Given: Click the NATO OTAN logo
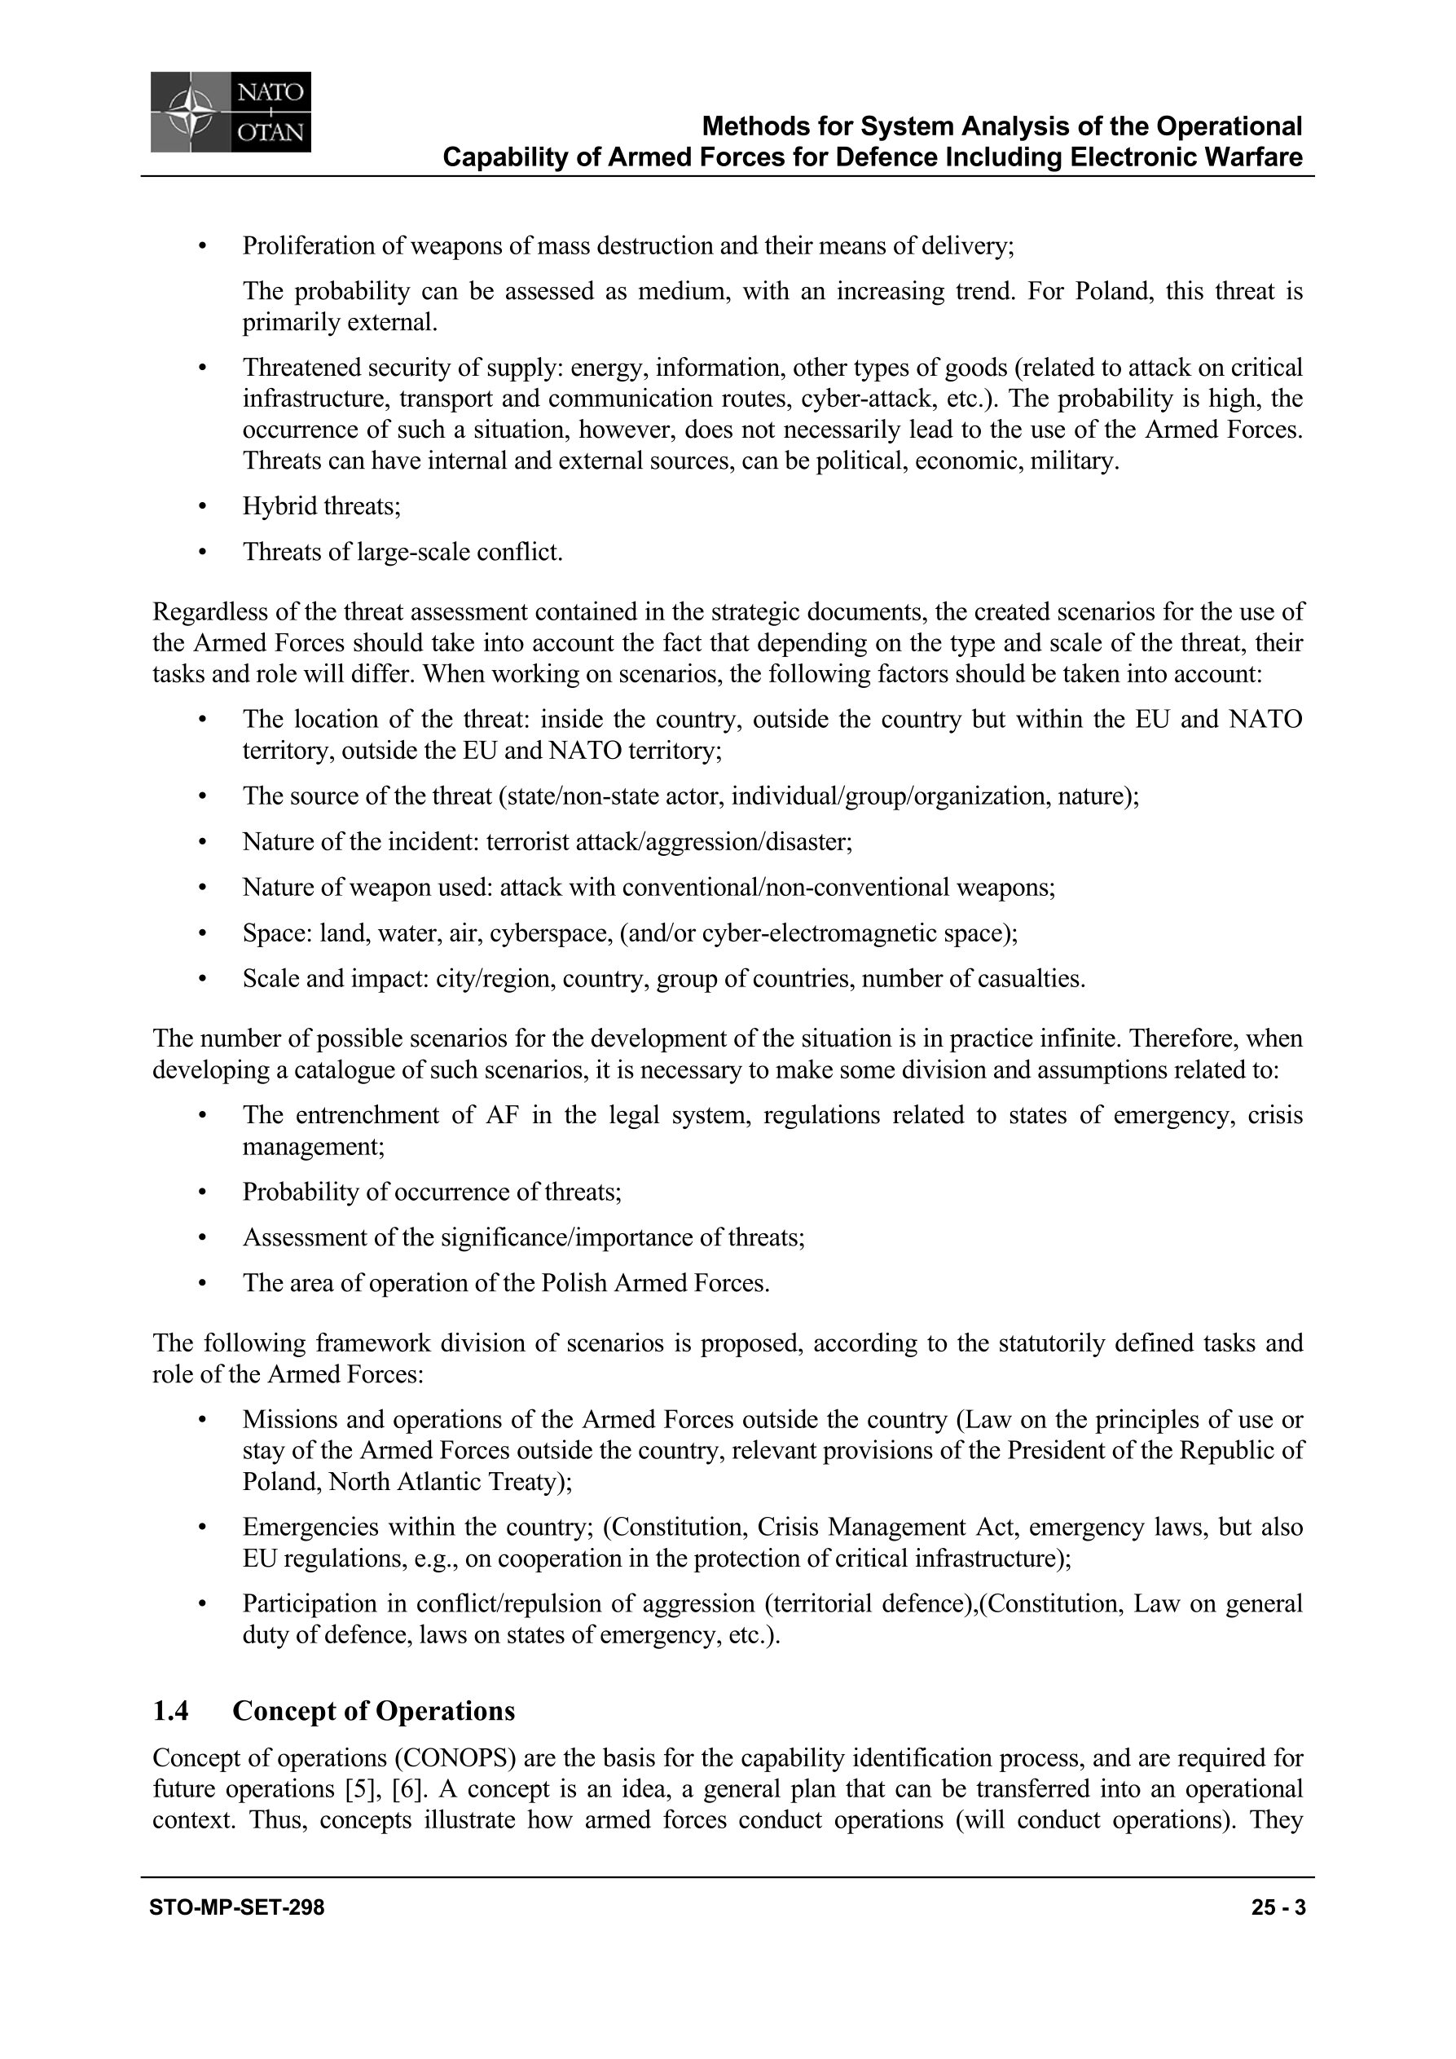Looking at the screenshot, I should tap(231, 112).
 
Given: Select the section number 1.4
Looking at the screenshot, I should tap(170, 1711).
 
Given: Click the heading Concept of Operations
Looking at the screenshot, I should tap(374, 1711).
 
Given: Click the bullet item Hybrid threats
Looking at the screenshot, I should tap(321, 507).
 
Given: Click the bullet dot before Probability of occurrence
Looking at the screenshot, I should tap(204, 1192).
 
